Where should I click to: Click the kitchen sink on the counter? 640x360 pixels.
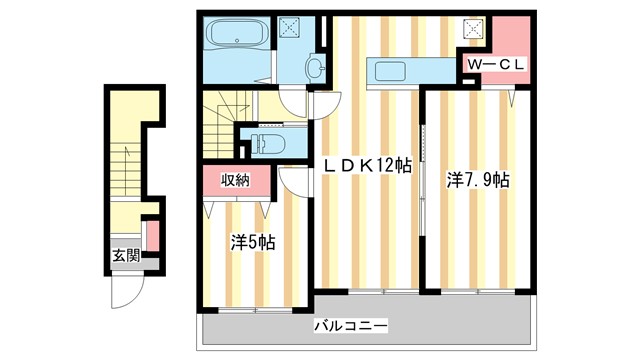pyautogui.click(x=384, y=70)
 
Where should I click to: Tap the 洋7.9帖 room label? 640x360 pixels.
pyautogui.click(x=478, y=180)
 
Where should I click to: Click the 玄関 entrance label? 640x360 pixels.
pyautogui.click(x=125, y=255)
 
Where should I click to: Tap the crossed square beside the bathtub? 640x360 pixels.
pyautogui.click(x=291, y=29)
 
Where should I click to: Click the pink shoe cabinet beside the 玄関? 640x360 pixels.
pyautogui.click(x=152, y=234)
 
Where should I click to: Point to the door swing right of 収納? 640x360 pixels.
pyautogui.click(x=292, y=180)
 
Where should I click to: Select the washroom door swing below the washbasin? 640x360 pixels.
pyautogui.click(x=293, y=101)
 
